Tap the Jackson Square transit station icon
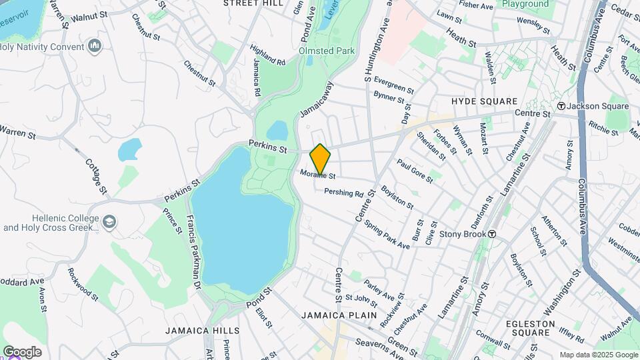point(561,106)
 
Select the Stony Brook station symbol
point(492,234)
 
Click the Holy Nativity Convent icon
point(95,47)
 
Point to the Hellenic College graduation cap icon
point(109,221)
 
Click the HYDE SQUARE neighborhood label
point(484,101)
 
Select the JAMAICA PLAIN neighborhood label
point(339,315)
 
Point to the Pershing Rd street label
point(343,193)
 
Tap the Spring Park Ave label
point(387,234)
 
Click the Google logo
point(22,352)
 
